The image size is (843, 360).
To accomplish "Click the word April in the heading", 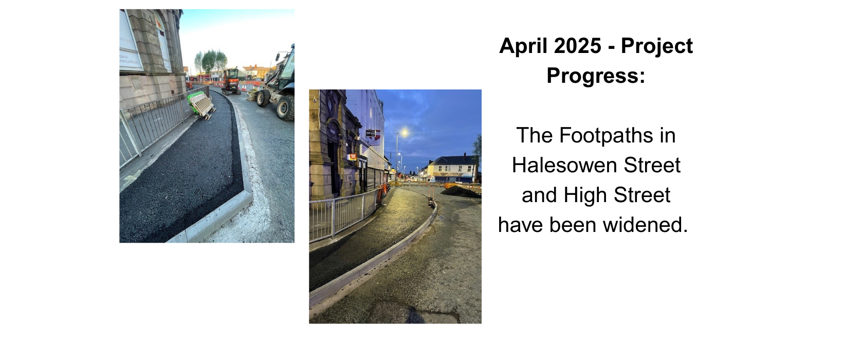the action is tap(523, 46).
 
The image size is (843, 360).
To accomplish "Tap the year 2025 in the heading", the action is tap(578, 46).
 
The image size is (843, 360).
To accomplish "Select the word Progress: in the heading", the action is tap(596, 76).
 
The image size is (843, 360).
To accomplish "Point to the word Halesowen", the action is tap(564, 165).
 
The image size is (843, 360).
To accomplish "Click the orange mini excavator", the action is tap(231, 81).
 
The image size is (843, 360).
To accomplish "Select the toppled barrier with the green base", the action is tap(201, 105).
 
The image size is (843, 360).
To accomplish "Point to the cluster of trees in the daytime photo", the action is tap(211, 60).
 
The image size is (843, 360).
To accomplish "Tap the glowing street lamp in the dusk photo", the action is tap(404, 133).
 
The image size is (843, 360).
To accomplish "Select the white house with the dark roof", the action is tap(452, 168).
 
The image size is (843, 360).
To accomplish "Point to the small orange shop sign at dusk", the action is tap(353, 157).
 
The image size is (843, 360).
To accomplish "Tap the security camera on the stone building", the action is tap(314, 99).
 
